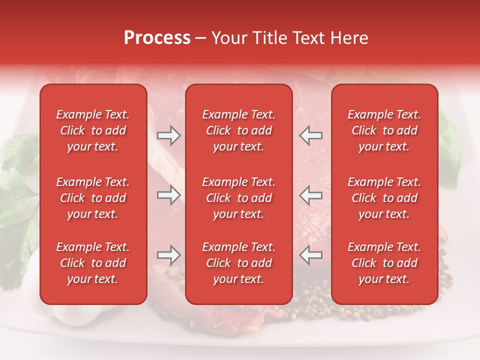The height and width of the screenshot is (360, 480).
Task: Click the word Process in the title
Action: pyautogui.click(x=157, y=38)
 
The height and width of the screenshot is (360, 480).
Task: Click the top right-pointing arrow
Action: pyautogui.click(x=168, y=135)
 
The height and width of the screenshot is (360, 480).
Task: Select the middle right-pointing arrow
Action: pyautogui.click(x=168, y=195)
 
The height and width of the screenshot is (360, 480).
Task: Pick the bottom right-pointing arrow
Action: pyautogui.click(x=168, y=255)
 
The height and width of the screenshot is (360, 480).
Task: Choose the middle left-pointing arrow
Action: pyautogui.click(x=310, y=195)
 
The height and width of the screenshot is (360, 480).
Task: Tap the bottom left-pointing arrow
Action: pyautogui.click(x=310, y=255)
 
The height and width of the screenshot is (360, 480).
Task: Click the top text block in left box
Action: pyautogui.click(x=93, y=130)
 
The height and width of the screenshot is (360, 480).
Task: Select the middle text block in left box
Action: pyautogui.click(x=93, y=198)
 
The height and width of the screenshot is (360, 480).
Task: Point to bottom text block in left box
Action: pyautogui.click(x=93, y=263)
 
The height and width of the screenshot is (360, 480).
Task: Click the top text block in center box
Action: pyautogui.click(x=238, y=130)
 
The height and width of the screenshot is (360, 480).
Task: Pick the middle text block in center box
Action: pyautogui.click(x=238, y=198)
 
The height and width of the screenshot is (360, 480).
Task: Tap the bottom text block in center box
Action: pyautogui.click(x=238, y=263)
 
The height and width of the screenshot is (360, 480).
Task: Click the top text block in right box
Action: pyautogui.click(x=384, y=130)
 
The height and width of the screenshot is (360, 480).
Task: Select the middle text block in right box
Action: pyautogui.click(x=384, y=198)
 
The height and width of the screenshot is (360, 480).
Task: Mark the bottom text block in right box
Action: pyautogui.click(x=384, y=263)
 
